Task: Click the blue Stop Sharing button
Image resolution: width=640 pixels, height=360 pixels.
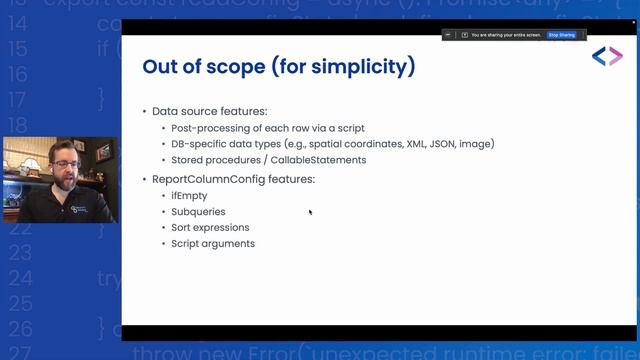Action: pyautogui.click(x=561, y=35)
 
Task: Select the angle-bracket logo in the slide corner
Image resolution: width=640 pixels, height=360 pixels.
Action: pyautogui.click(x=607, y=57)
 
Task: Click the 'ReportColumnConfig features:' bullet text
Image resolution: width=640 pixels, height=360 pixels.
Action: pyautogui.click(x=233, y=179)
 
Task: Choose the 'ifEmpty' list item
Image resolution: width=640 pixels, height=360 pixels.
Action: pyautogui.click(x=189, y=196)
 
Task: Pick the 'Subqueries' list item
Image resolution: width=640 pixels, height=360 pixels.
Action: pyautogui.click(x=197, y=212)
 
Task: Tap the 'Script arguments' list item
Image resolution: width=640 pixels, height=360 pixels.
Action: pyautogui.click(x=212, y=244)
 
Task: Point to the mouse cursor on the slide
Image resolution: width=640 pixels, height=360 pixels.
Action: pyautogui.click(x=310, y=212)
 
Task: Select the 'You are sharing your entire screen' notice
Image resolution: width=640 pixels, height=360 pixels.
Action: pyautogui.click(x=506, y=35)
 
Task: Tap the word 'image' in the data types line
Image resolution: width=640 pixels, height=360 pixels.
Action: pyautogui.click(x=476, y=144)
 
